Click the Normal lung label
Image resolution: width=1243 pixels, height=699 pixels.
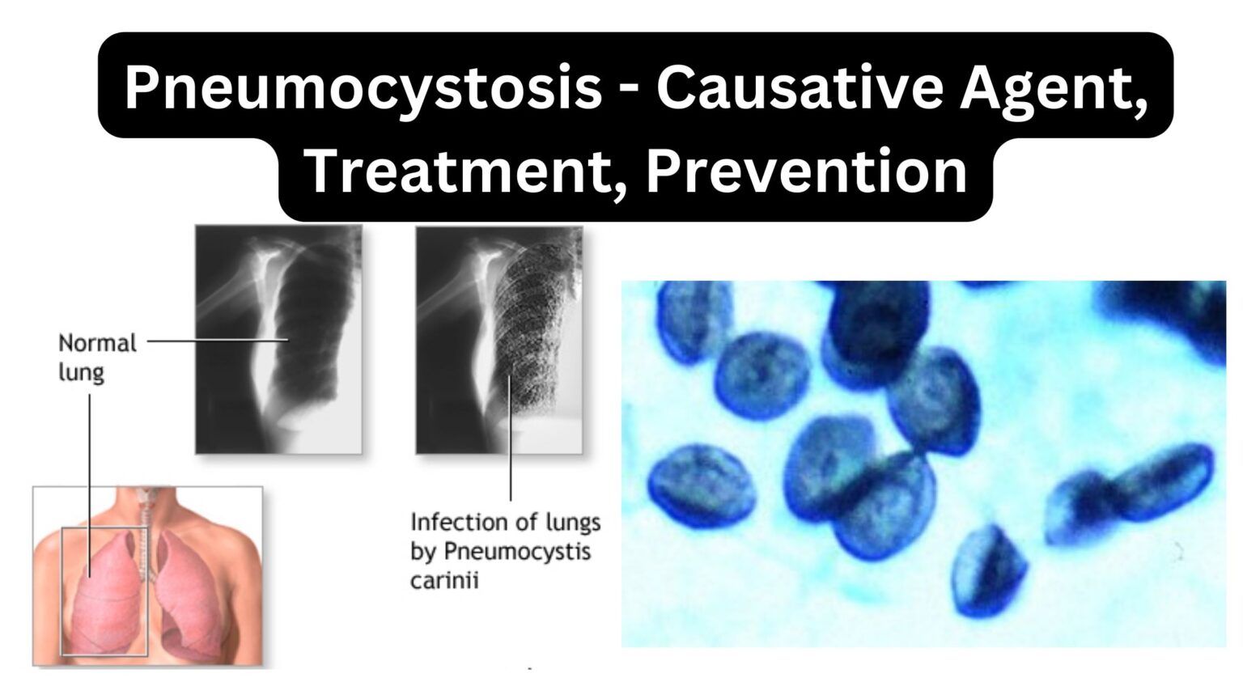point(97,357)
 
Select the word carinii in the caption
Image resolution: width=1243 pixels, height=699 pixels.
point(444,580)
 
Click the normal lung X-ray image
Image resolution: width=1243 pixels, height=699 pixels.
point(278,339)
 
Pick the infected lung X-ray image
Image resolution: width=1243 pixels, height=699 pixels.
point(498,339)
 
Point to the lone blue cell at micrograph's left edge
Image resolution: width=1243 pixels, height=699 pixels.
point(701,486)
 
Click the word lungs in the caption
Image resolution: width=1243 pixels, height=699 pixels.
point(571,522)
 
